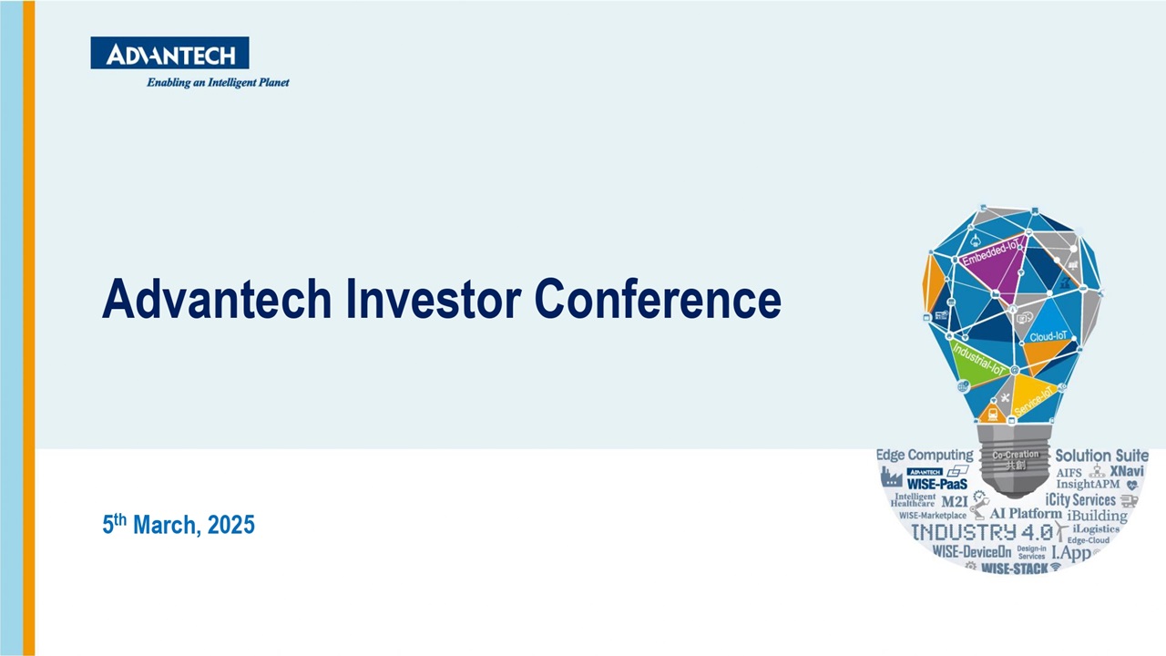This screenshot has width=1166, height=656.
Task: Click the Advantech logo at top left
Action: pyautogui.click(x=169, y=54)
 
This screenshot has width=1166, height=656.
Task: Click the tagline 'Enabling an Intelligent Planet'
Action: pyautogui.click(x=218, y=82)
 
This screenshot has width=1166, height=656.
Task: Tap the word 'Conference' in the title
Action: pyautogui.click(x=657, y=299)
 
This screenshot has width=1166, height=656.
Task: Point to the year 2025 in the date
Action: pyautogui.click(x=231, y=525)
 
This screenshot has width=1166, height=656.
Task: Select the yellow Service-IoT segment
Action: pyautogui.click(x=1035, y=397)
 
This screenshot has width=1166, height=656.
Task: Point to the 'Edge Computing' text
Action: pyautogui.click(x=924, y=455)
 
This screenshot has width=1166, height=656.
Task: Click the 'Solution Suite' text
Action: pyautogui.click(x=1101, y=455)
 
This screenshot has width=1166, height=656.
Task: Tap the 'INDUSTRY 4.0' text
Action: pyautogui.click(x=982, y=532)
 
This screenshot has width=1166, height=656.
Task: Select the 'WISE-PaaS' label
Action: pyautogui.click(x=936, y=484)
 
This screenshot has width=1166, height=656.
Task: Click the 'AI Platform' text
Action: pyautogui.click(x=1025, y=514)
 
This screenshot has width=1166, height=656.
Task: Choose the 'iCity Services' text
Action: pyautogui.click(x=1080, y=499)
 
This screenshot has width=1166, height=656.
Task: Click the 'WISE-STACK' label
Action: pyautogui.click(x=1014, y=569)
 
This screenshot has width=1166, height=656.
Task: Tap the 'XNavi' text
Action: pyautogui.click(x=1127, y=471)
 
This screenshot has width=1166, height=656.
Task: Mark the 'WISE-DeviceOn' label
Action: pyautogui.click(x=972, y=552)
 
